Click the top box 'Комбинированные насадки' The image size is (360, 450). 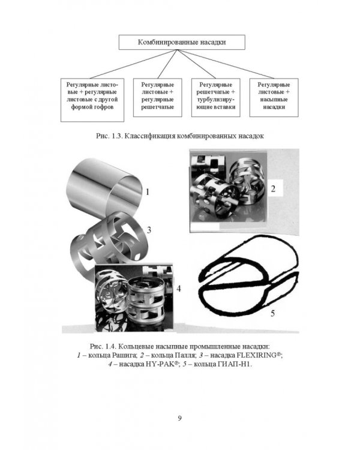click(x=182, y=42)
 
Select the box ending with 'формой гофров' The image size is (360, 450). click(x=92, y=100)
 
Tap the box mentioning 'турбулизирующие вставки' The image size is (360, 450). click(x=215, y=98)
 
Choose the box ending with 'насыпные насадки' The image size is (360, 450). click(x=274, y=98)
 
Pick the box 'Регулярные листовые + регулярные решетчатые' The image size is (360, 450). click(x=157, y=98)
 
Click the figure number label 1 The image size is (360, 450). click(x=148, y=192)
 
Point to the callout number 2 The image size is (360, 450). click(x=273, y=189)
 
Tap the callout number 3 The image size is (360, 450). click(x=149, y=230)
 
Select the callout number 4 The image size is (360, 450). click(x=179, y=289)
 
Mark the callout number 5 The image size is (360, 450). click(x=273, y=313)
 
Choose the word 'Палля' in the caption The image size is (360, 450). click(x=185, y=355)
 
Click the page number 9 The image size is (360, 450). click(x=180, y=418)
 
